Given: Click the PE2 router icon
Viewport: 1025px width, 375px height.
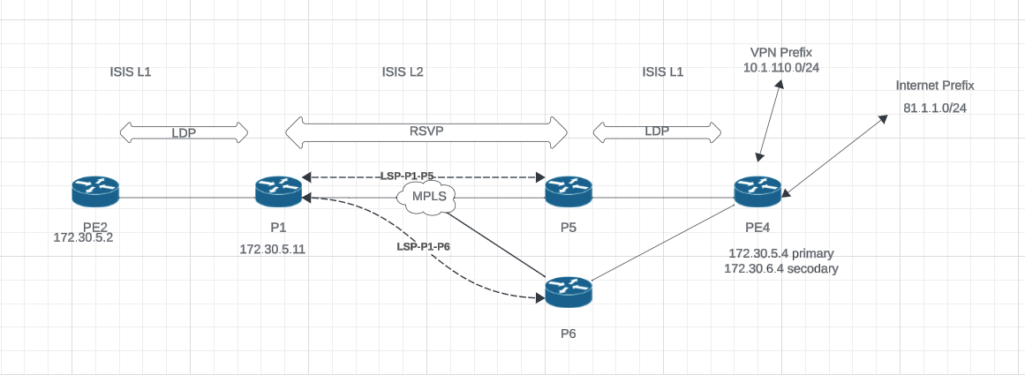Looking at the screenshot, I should pyautogui.click(x=95, y=190).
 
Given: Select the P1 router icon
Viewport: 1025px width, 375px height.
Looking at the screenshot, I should pyautogui.click(x=278, y=190).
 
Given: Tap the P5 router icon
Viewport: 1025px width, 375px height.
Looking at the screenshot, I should pyautogui.click(x=568, y=190).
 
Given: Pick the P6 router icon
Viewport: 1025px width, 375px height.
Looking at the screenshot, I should pyautogui.click(x=568, y=290).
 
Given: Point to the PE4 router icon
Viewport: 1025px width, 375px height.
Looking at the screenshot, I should pyautogui.click(x=757, y=190).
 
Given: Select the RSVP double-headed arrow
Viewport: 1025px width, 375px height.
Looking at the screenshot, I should pyautogui.click(x=426, y=131).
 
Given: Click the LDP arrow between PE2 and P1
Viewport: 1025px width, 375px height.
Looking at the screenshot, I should pyautogui.click(x=184, y=132).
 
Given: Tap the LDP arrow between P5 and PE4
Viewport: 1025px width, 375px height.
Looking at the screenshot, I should pyautogui.click(x=657, y=131).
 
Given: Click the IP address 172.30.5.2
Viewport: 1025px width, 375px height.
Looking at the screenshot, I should pyautogui.click(x=86, y=237).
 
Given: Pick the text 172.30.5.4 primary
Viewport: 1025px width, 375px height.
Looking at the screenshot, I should pyautogui.click(x=781, y=253).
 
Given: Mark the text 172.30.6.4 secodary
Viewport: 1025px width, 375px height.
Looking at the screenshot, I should pyautogui.click(x=781, y=268).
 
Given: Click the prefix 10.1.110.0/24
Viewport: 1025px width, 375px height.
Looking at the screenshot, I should pyautogui.click(x=780, y=68).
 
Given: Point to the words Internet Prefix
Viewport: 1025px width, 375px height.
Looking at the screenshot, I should pyautogui.click(x=935, y=86).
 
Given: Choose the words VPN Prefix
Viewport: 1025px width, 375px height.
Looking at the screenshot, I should pyautogui.click(x=780, y=53).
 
